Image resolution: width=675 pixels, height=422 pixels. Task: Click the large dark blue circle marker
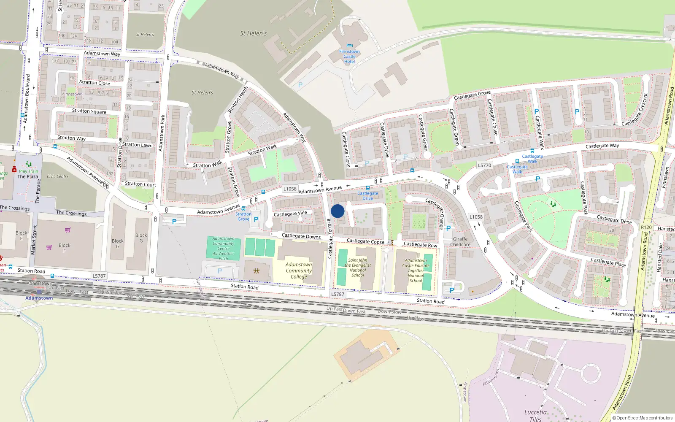pos(337,211)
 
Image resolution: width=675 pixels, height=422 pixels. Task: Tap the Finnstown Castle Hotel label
pos(349,57)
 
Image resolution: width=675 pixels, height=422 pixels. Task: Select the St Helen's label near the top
pos(253,33)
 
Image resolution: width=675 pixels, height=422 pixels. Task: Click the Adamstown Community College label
pos(299,271)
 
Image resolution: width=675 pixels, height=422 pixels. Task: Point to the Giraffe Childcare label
pos(460,241)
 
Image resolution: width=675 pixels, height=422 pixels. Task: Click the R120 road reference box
pos(646,227)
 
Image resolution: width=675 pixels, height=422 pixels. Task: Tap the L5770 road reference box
pos(484,165)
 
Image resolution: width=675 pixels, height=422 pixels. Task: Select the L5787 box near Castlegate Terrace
pos(337,294)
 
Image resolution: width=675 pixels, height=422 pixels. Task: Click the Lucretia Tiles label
pos(535,415)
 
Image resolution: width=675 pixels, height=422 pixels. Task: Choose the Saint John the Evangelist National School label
pos(358,268)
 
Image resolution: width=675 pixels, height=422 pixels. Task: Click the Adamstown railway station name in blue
pos(39,298)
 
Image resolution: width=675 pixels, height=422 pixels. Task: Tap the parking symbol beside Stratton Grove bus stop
pos(256,219)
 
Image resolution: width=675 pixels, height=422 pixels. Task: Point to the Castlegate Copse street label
pos(365,241)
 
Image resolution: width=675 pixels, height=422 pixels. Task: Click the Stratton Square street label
pos(89,111)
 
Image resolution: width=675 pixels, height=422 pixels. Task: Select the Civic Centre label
pos(58,176)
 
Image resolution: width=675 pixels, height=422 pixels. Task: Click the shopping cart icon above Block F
pos(67,230)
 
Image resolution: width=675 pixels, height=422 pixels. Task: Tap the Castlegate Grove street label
pos(472,95)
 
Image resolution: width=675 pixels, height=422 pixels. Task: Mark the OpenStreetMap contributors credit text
pos(642,418)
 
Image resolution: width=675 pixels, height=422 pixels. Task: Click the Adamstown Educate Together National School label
pos(416,271)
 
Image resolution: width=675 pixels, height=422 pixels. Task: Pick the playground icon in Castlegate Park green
pos(553,204)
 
